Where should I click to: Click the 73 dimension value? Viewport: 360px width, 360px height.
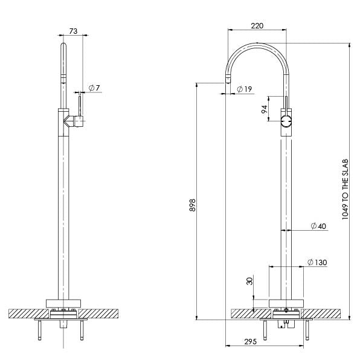pos(73,30)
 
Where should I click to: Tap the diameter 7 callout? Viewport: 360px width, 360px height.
pos(94,88)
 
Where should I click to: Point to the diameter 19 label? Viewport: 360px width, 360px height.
pos(244,89)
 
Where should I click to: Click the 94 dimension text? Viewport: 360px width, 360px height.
pos(264,110)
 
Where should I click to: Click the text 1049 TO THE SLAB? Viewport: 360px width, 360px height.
pos(345,189)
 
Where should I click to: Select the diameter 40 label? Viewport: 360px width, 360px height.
pos(318,227)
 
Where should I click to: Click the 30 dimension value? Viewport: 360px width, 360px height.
pos(249,282)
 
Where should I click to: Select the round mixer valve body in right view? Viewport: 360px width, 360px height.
pos(287,121)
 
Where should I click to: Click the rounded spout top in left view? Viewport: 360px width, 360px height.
pos(63,47)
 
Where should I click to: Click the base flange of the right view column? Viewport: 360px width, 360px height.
pos(287,303)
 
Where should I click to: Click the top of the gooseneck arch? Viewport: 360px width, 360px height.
pos(257,45)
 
